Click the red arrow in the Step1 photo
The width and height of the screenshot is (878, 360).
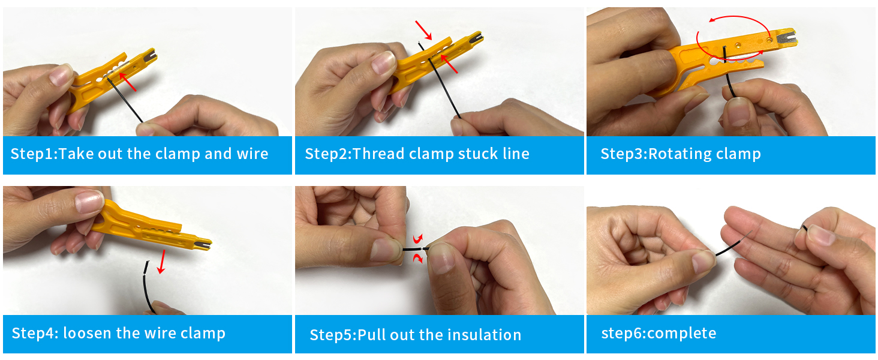coord(127,82)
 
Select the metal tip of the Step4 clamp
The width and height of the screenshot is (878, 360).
coord(205,245)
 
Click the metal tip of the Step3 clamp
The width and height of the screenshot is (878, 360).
coord(785,37)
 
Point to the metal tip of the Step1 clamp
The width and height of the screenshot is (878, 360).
coord(150,57)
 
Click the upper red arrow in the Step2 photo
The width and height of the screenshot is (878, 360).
coord(423,31)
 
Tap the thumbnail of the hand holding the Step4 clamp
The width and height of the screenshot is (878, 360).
coord(89,202)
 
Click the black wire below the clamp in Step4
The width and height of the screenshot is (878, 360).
coord(148,287)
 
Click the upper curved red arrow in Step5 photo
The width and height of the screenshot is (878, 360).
coord(418,239)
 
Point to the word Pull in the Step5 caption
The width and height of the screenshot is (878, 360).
coord(372,335)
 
